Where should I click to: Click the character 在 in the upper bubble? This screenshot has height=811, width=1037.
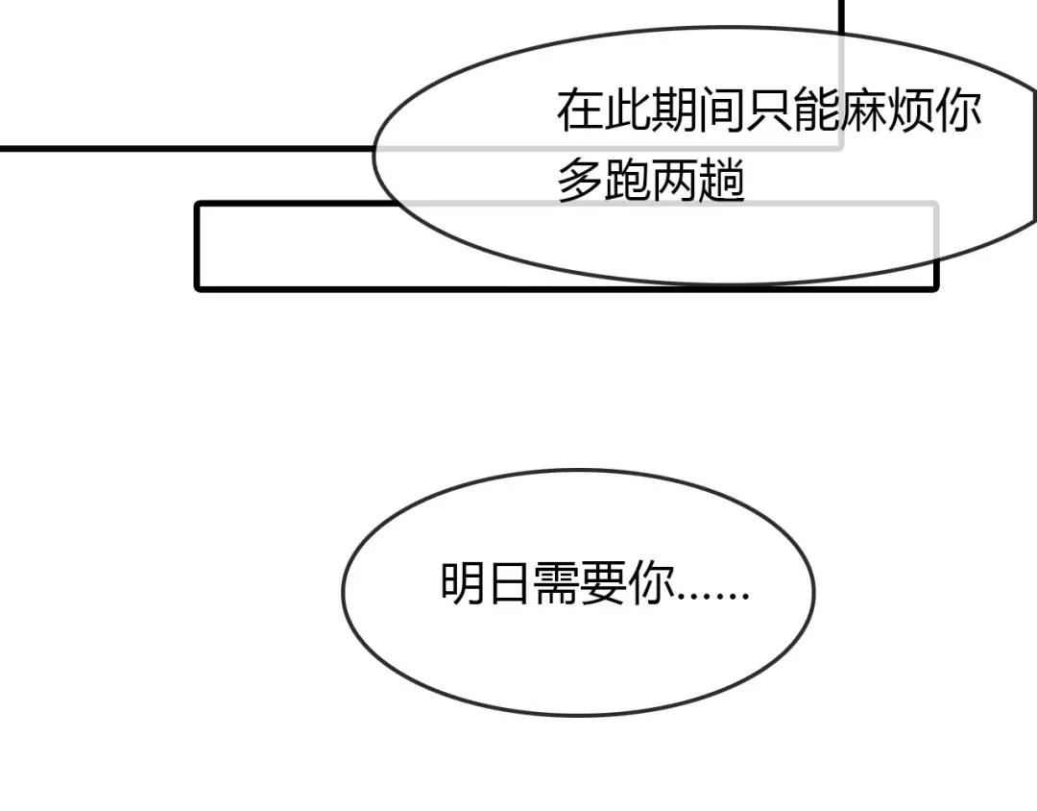(580, 110)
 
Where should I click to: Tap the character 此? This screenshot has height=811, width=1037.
(627, 110)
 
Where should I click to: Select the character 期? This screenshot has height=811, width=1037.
(675, 110)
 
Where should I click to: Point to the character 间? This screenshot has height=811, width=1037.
(721, 110)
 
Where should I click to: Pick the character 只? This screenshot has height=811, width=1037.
(769, 110)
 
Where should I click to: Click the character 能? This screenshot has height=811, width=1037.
(816, 110)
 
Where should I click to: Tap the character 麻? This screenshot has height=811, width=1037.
(864, 110)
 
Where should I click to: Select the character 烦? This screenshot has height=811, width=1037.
(910, 110)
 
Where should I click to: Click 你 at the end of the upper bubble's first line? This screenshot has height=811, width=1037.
(958, 110)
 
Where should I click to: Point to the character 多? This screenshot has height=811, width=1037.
(580, 180)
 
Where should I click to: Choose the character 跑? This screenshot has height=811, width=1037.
(627, 180)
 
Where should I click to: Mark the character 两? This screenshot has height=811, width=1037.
(675, 180)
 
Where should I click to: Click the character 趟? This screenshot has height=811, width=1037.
(721, 180)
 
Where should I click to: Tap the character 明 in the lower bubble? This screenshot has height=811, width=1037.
(463, 583)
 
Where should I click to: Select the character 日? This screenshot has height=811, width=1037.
(509, 583)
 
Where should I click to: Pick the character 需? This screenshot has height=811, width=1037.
(557, 583)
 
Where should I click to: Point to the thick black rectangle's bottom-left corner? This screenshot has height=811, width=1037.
(198, 288)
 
